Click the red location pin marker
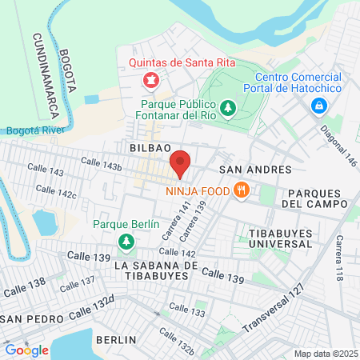[181, 163]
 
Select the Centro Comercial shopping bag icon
[319, 105]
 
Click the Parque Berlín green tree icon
[126, 241]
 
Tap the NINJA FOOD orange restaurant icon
[239, 190]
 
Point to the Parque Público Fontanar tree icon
[228, 106]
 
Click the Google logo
[26, 350]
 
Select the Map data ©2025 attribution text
[325, 354]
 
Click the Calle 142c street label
[56, 193]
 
